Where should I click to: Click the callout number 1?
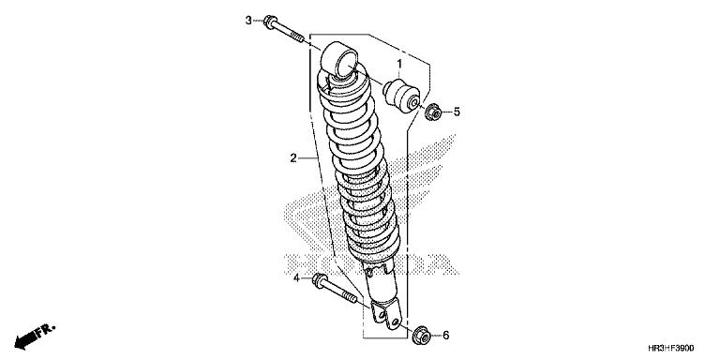tap(398, 66)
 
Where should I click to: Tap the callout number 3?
tap(249, 20)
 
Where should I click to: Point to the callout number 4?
tap(295, 278)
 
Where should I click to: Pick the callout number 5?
tap(457, 112)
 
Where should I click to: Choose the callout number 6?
tap(446, 335)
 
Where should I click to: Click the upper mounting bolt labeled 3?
tap(287, 30)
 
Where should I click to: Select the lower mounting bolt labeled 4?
tap(337, 292)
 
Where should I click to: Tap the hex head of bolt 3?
tap(269, 22)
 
